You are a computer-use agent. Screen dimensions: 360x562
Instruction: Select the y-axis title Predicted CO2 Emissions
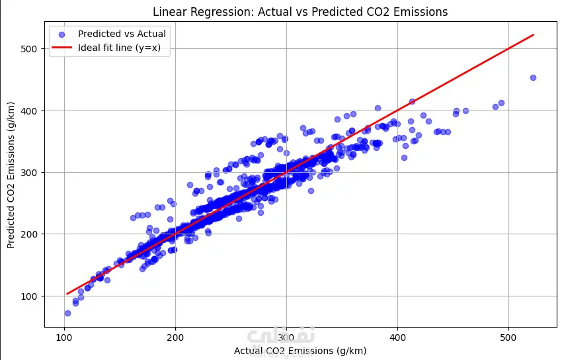11,175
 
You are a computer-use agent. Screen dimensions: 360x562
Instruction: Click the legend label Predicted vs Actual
122,34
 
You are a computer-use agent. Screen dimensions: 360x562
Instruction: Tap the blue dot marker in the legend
61,34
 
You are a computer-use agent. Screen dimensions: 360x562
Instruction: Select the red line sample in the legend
61,48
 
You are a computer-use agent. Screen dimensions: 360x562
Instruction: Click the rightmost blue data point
533,77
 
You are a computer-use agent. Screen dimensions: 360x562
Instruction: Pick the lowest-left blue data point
67,313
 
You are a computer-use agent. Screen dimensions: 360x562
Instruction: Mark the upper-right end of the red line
533,34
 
